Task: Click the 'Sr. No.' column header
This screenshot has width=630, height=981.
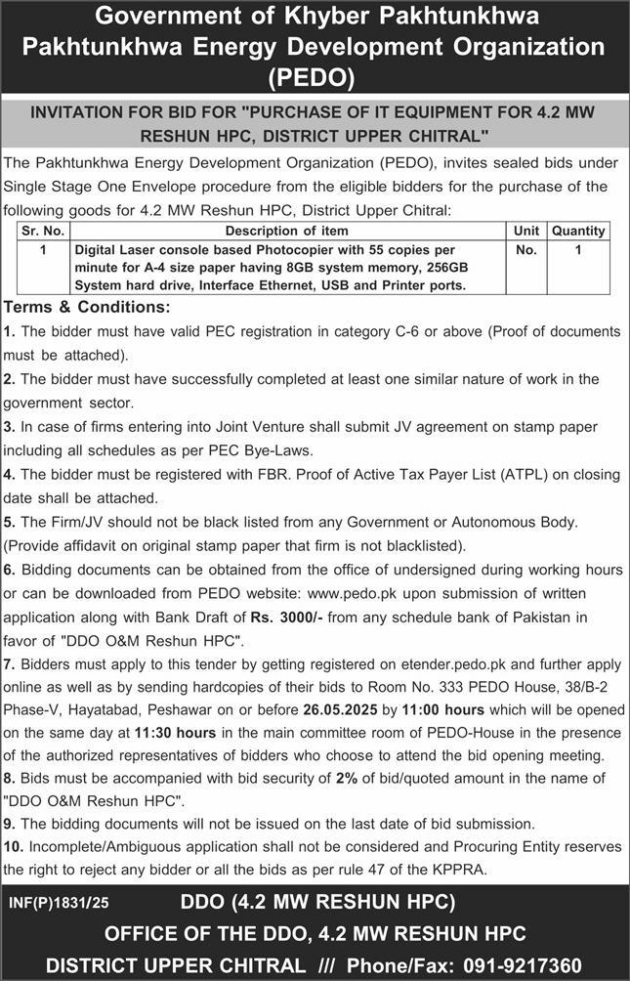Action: [43, 231]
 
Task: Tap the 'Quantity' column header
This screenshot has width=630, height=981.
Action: [578, 231]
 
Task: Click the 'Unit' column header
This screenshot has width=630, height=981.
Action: [525, 231]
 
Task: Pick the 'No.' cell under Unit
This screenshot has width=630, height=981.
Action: [525, 250]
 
